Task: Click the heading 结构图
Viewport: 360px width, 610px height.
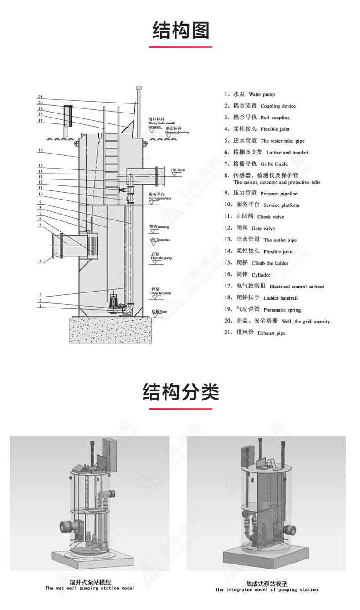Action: point(181,30)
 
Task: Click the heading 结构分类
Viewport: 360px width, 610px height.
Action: point(181,391)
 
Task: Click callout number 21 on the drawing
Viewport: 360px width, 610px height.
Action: point(40,97)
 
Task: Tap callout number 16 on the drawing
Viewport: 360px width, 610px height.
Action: point(40,150)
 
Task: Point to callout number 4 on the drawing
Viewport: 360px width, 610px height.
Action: point(40,261)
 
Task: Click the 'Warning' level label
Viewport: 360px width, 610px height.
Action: point(159,226)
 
